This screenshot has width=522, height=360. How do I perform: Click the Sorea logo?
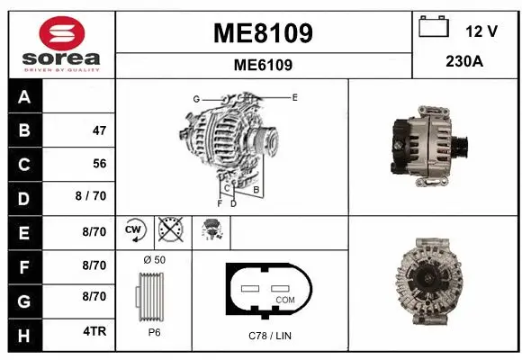tap(62, 43)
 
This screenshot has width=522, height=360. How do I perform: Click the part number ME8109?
tap(263, 33)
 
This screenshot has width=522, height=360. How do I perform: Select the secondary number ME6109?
tap(263, 65)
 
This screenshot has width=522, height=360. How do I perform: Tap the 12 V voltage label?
tap(481, 31)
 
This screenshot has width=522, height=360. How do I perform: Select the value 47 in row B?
tap(99, 130)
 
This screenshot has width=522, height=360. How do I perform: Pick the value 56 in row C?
tap(99, 164)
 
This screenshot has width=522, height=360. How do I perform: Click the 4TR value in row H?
tap(94, 331)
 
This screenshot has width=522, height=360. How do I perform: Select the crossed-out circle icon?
tap(169, 230)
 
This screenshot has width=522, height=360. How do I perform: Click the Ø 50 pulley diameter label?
tap(154, 260)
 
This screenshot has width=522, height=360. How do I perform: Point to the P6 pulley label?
tap(154, 332)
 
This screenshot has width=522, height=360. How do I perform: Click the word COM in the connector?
tap(284, 299)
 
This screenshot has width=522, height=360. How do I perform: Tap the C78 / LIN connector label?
tap(270, 336)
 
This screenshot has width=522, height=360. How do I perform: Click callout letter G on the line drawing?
tap(195, 98)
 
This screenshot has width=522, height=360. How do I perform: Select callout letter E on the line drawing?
tap(294, 95)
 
